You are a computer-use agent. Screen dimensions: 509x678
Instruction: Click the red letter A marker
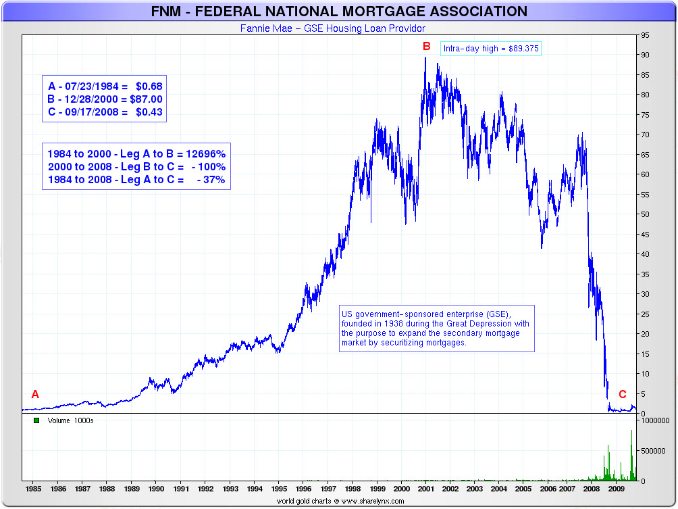35,395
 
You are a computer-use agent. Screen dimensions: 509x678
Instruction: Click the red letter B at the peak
426,46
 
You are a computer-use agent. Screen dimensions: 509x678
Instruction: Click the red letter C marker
623,395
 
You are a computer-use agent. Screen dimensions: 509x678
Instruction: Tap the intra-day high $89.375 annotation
492,49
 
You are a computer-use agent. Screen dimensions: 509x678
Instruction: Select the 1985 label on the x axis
32,487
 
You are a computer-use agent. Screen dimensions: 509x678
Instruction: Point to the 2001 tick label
426,487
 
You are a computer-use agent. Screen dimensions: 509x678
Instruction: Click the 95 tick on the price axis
646,35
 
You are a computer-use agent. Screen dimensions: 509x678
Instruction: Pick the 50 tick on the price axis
646,214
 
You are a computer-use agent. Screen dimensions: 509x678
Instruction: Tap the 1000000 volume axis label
654,420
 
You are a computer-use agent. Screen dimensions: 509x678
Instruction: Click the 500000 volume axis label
652,450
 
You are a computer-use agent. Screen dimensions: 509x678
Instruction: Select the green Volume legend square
36,420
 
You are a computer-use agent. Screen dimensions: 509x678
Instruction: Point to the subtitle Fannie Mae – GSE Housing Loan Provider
333,28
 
